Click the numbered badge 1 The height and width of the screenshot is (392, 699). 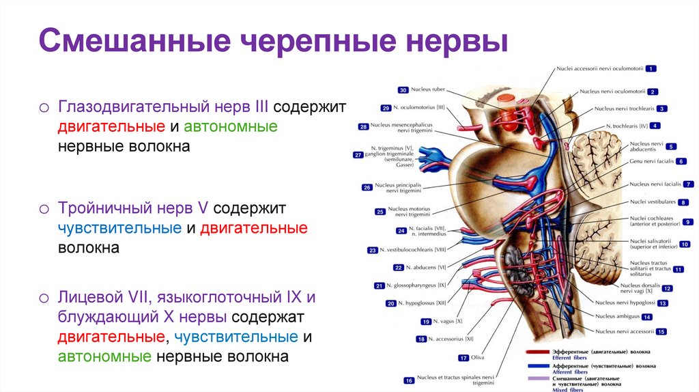point(651,68)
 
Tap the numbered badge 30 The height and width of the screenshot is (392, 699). point(403,90)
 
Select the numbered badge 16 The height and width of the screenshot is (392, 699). point(409,380)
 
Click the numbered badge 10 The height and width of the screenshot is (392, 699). point(685,244)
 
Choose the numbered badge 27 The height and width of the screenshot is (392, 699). point(358,155)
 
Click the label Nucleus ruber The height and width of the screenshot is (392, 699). point(428,90)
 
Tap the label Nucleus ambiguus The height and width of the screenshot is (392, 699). point(617,317)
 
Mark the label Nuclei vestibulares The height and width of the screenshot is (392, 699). point(653,202)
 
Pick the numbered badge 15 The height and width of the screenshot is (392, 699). point(661,331)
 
